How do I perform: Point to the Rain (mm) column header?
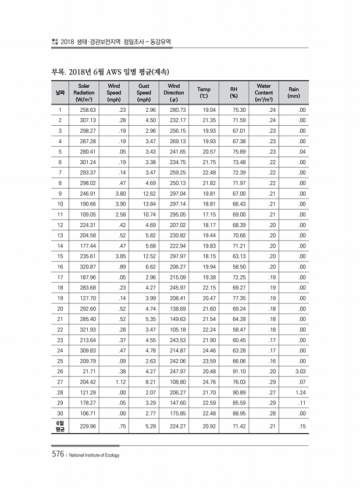tap(294, 93)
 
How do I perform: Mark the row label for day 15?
tap(60, 256)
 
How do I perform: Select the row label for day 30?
tap(60, 413)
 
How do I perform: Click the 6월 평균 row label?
tap(60, 426)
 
